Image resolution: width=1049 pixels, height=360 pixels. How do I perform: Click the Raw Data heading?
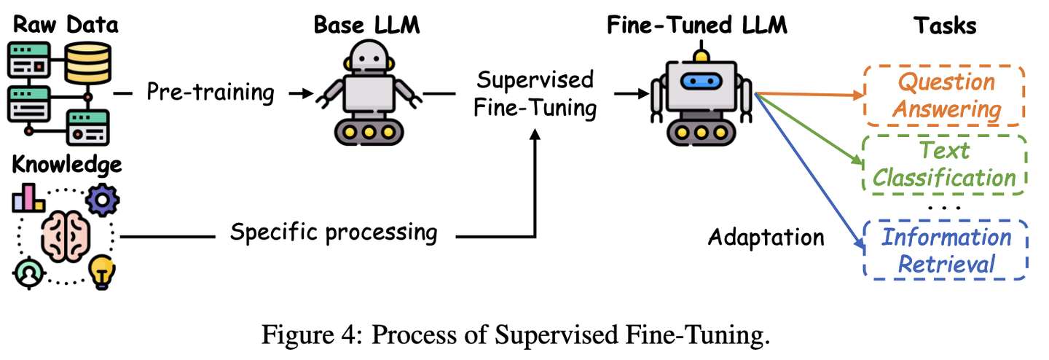(x=66, y=25)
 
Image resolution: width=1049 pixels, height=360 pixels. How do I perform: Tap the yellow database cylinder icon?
(x=87, y=63)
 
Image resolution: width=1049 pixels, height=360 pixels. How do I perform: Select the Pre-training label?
(x=211, y=92)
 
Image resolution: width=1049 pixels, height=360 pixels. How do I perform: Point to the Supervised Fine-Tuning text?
(x=535, y=94)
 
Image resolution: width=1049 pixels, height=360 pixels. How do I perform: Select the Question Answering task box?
(x=945, y=96)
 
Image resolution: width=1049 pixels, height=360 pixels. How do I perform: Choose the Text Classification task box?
(x=945, y=165)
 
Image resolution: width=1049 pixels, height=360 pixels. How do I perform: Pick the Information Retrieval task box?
(x=946, y=250)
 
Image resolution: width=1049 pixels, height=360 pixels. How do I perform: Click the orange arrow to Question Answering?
(x=809, y=95)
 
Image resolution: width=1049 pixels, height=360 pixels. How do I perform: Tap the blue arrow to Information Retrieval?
(x=809, y=171)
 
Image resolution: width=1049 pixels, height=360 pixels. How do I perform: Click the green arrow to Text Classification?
(x=809, y=129)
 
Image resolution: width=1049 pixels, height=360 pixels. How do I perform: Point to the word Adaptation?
(x=766, y=237)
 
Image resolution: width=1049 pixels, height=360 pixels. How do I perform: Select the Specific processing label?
(x=334, y=232)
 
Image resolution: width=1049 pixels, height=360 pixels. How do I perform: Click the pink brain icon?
(x=66, y=236)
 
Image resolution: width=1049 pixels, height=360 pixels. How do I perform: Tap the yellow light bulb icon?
(x=102, y=272)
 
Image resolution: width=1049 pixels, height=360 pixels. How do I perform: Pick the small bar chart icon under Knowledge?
(x=28, y=197)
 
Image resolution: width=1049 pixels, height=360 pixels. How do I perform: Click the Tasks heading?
(x=945, y=26)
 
